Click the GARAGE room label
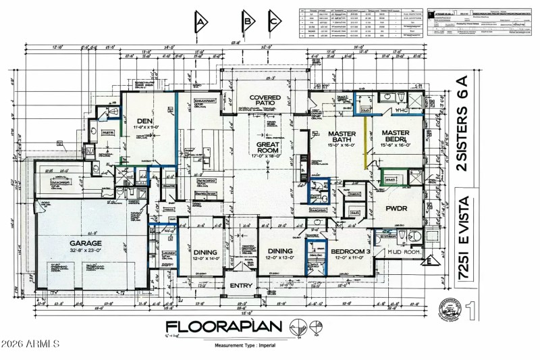(84, 243)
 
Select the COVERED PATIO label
(265, 102)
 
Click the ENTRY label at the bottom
(240, 286)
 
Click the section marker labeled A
(200, 22)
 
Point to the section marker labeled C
(274, 22)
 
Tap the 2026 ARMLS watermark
(30, 344)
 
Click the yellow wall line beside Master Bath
(366, 144)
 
